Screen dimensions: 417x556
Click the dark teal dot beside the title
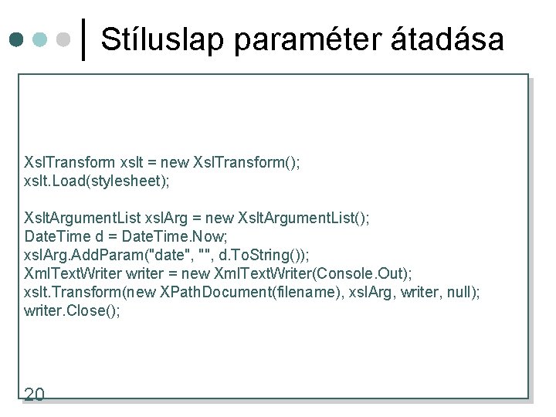tap(15, 39)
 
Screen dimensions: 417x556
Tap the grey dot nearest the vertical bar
tap(66, 39)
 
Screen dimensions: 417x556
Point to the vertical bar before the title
tap(83, 39)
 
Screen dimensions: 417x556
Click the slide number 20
tap(34, 395)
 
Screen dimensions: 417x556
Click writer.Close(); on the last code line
tap(73, 310)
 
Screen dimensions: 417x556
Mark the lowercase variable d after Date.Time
tap(98, 236)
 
